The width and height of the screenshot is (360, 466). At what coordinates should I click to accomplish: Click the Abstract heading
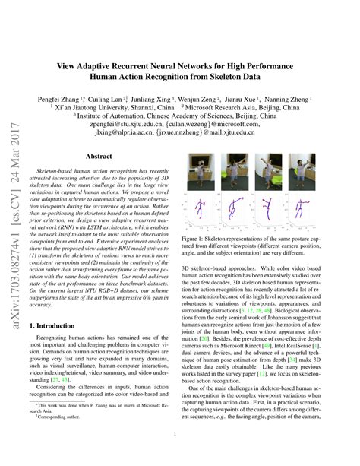(99, 156)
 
